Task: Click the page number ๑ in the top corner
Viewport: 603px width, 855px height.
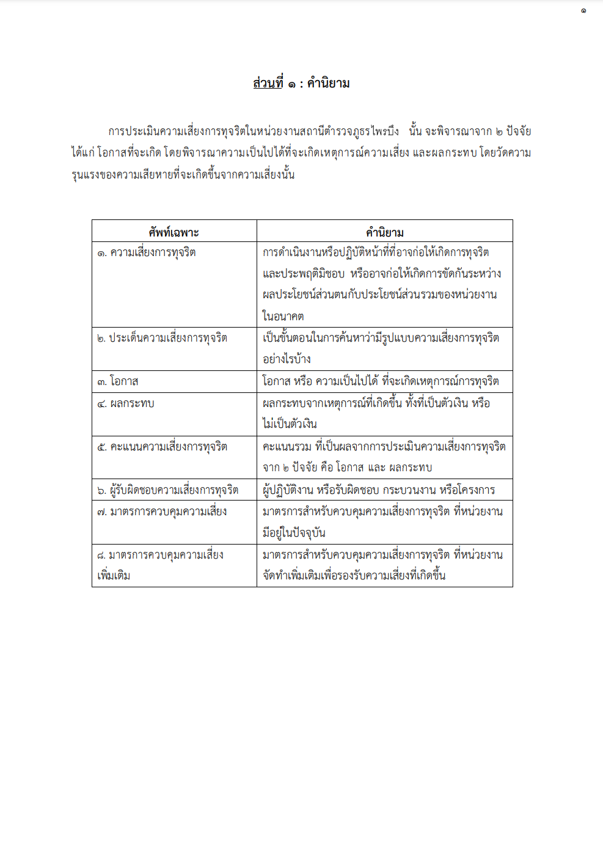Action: pos(583,10)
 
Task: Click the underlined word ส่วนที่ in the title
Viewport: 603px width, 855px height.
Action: pos(268,83)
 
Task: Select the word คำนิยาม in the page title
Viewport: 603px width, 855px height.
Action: pos(328,83)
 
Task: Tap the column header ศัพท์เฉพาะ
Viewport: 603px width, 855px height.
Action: pos(174,232)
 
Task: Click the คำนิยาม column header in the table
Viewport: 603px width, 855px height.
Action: pos(384,232)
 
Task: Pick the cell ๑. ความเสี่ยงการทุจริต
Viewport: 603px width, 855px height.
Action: pos(147,252)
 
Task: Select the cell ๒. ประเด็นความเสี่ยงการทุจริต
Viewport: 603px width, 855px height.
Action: pos(162,338)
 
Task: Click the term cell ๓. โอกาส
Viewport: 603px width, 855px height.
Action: pos(118,381)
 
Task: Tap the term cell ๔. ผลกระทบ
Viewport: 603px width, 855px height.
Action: pos(126,403)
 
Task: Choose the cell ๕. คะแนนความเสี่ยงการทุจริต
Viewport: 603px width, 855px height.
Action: pos(162,447)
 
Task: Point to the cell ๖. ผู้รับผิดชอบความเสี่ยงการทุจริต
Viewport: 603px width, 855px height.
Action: pos(167,490)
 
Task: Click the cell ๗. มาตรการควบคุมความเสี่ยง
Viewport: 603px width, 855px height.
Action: pos(162,512)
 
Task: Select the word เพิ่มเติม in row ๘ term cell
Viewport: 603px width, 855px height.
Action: pos(114,576)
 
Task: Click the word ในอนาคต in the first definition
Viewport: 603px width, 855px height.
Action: pos(283,316)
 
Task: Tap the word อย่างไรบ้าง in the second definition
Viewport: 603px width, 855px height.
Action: pos(287,359)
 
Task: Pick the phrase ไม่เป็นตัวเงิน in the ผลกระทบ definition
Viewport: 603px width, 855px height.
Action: pos(290,424)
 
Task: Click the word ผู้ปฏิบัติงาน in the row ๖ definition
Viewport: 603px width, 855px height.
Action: pos(288,490)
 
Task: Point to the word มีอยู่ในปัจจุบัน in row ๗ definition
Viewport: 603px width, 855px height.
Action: pos(294,533)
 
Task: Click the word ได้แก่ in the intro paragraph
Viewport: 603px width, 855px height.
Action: pos(82,153)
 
